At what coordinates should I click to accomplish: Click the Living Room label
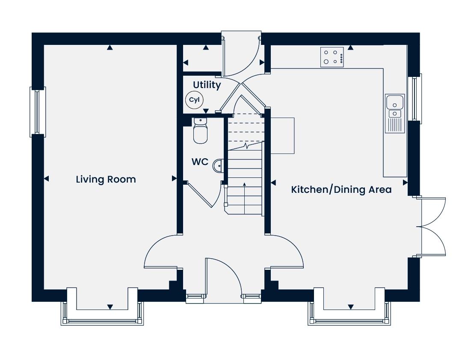[106, 179]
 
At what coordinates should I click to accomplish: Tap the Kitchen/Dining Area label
[341, 189]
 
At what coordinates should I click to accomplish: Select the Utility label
[207, 85]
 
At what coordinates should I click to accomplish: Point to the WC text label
[200, 162]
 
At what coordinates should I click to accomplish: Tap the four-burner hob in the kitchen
[332, 57]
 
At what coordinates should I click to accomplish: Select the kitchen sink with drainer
[395, 113]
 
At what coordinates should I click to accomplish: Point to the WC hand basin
[218, 165]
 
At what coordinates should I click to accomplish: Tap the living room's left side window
[37, 112]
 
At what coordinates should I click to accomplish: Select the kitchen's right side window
[415, 99]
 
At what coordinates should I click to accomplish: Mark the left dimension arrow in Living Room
[46, 179]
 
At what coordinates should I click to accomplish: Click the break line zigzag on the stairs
[246, 146]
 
